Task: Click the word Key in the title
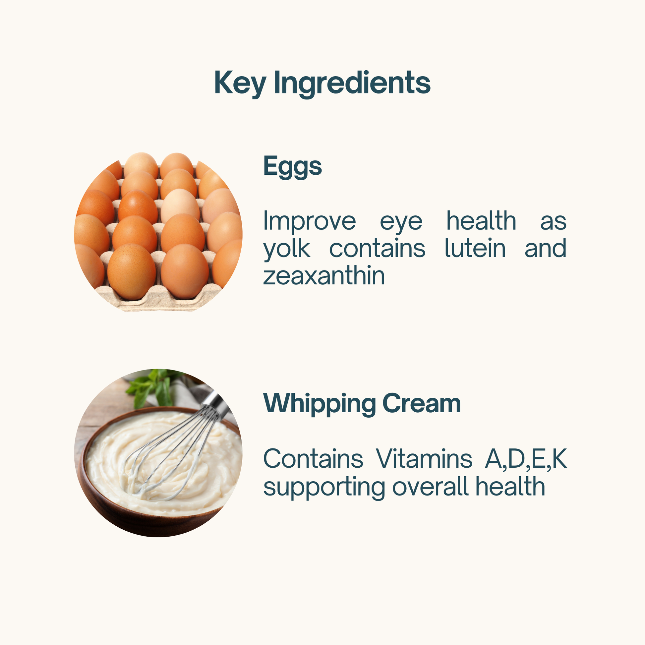pos(240,83)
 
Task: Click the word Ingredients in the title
pos(352,83)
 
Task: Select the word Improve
pos(310,221)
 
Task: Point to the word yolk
pos(286,249)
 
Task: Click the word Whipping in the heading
pos(320,404)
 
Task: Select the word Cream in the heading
pos(421,403)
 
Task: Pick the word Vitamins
pos(424,459)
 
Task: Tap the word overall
pos(430,486)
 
